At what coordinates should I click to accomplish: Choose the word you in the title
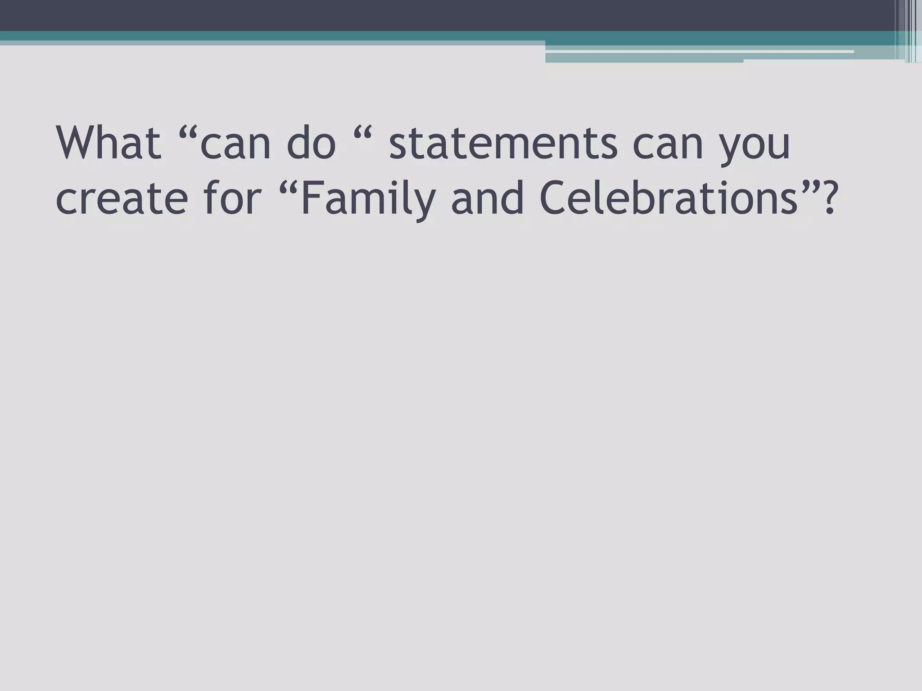pos(756,148)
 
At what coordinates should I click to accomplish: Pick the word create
pos(122,199)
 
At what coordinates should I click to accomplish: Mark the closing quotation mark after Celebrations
pos(808,187)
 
